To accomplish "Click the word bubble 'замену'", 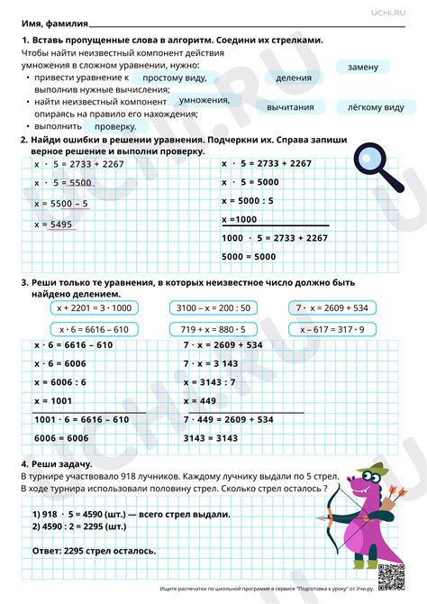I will coord(363,67).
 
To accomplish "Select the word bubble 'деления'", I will coord(294,78).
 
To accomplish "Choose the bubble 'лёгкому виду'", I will coord(369,107).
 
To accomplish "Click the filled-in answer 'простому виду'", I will coord(168,78).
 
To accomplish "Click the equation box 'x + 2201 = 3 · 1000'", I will coord(94,307).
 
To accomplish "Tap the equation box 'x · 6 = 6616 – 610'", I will coord(94,329).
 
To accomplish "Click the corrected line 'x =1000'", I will coord(240,219).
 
